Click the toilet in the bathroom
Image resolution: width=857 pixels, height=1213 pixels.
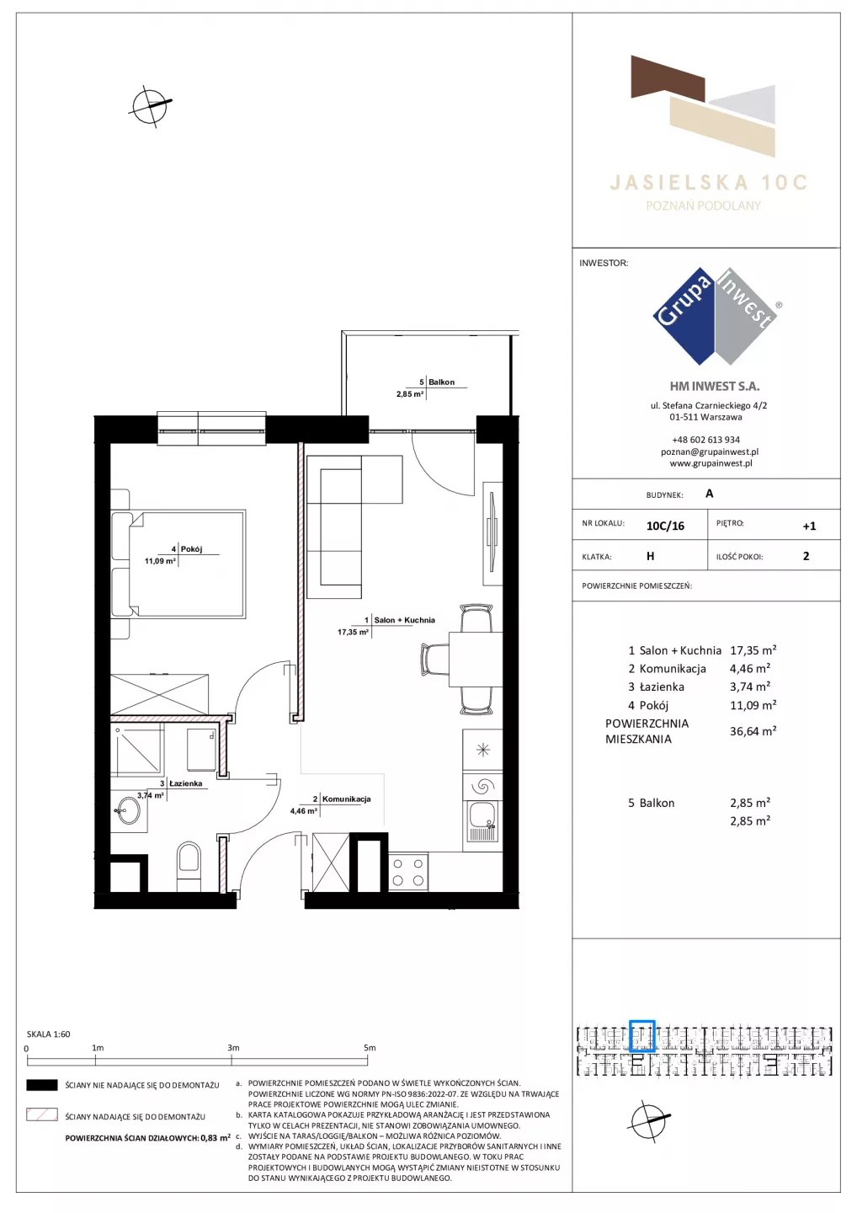tap(189, 865)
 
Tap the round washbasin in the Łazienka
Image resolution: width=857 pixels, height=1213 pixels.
tap(129, 810)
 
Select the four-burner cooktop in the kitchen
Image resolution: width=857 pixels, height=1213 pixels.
tap(408, 872)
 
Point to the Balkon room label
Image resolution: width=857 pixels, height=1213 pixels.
tap(441, 382)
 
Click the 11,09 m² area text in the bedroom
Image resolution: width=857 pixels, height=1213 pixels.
tap(160, 561)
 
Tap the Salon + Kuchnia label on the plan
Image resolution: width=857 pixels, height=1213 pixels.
tap(405, 620)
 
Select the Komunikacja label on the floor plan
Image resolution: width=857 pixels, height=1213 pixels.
tap(346, 799)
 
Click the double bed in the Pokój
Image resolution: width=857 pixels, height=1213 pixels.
tap(178, 564)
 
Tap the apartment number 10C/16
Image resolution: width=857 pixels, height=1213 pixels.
tap(665, 526)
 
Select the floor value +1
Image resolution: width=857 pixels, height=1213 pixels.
tap(809, 526)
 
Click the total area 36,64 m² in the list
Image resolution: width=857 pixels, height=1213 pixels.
tap(753, 731)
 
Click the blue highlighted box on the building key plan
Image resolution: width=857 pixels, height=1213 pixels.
tap(642, 1035)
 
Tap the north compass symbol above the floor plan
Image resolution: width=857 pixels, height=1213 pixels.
tap(150, 106)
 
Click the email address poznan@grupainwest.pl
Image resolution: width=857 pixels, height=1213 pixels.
tap(710, 452)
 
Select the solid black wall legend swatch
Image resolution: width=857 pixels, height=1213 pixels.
tap(41, 1085)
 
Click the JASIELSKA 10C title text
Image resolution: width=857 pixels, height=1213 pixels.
tap(709, 183)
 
